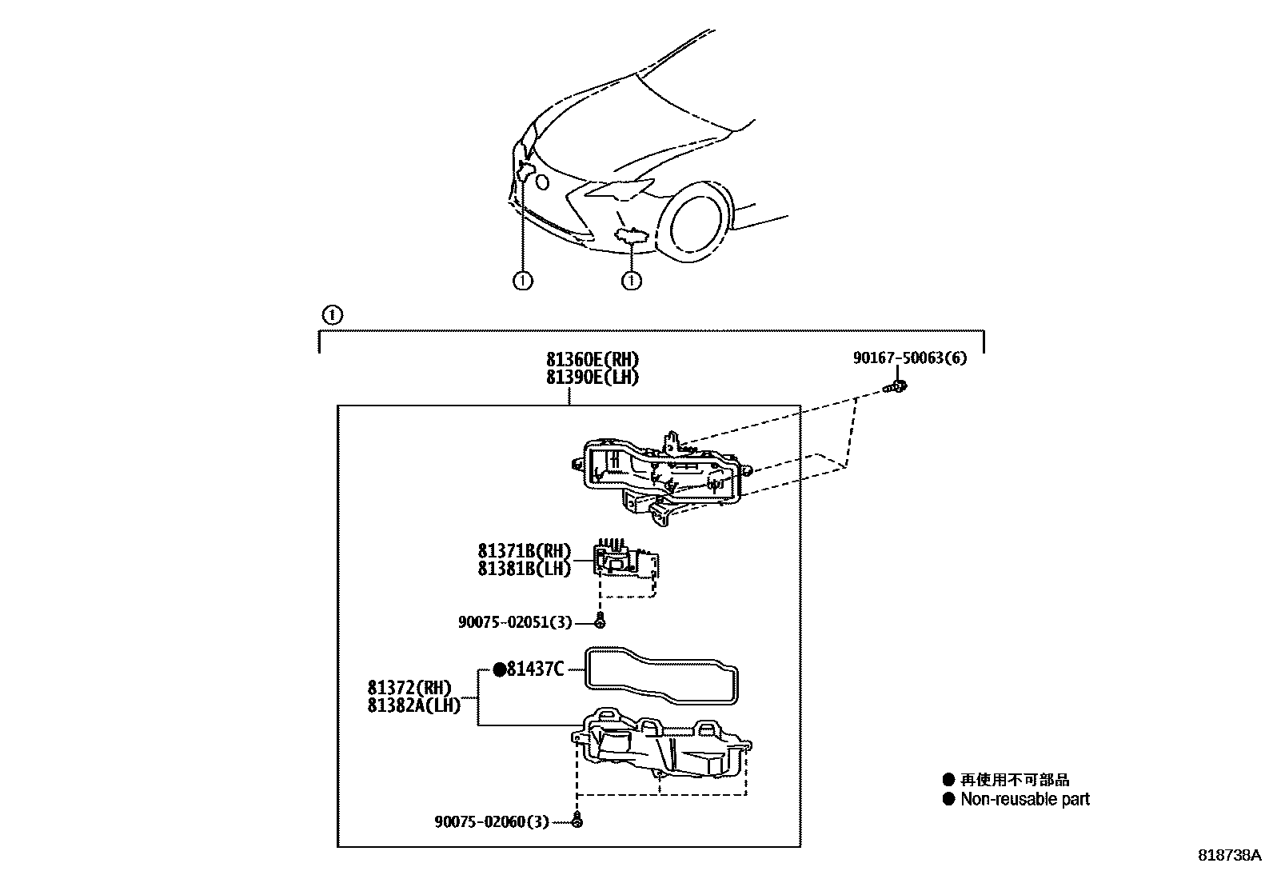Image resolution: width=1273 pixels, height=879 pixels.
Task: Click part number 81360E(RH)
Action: tap(593, 360)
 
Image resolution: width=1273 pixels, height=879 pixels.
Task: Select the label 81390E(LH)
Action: tap(593, 377)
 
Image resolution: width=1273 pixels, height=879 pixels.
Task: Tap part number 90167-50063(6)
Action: tap(909, 358)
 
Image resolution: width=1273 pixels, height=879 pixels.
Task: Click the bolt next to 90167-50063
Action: tap(899, 389)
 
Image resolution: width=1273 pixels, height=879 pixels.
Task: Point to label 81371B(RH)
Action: tap(525, 551)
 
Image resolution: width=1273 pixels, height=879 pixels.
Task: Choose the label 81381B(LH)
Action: tap(525, 569)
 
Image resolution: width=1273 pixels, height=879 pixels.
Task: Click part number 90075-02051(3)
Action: tap(515, 621)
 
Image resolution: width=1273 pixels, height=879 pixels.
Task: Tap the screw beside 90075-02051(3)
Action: tap(601, 621)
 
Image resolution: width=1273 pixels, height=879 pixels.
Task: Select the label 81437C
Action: tap(536, 669)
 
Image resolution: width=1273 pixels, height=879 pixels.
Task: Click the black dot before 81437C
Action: tap(498, 669)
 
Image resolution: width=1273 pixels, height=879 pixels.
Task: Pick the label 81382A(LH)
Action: tap(414, 705)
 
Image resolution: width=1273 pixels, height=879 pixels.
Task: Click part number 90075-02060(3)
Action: tap(492, 821)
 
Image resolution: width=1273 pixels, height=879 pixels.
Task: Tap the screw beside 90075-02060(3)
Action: tap(578, 821)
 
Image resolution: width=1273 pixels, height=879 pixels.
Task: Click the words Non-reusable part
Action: tap(1024, 799)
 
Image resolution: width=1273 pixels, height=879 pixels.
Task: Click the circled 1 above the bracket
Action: tap(333, 314)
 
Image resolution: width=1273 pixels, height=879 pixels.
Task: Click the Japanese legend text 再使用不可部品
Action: tap(1015, 780)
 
